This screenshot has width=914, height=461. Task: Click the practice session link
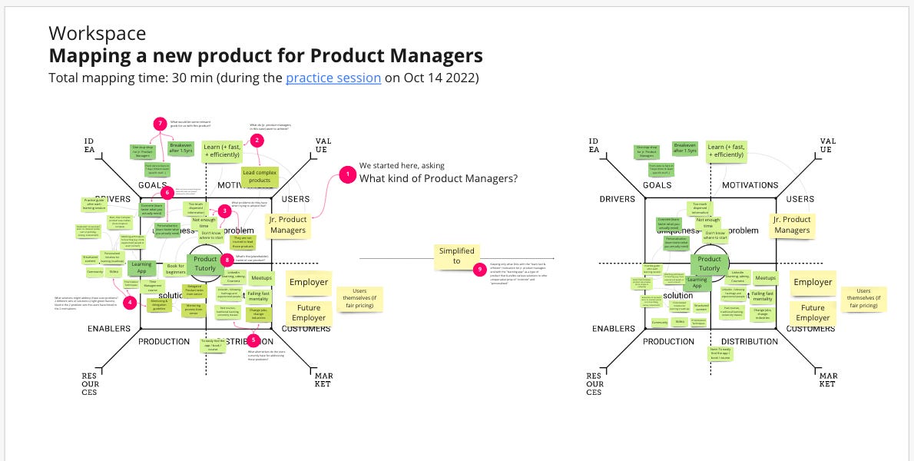333,78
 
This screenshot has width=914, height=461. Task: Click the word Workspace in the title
97,33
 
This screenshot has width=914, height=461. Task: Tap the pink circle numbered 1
347,175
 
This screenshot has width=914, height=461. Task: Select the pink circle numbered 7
160,123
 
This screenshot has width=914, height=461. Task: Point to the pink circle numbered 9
480,269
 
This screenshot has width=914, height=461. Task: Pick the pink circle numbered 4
130,302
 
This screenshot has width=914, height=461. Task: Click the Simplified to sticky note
457,257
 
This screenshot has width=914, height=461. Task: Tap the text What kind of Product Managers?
439,178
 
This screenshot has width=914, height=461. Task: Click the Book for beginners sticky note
176,270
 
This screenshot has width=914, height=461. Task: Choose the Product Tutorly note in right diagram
709,264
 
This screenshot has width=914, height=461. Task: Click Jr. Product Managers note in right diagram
792,224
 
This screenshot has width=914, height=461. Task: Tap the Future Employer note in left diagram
308,313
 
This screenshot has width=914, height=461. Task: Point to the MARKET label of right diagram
826,379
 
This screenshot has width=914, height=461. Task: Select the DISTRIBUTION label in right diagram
750,341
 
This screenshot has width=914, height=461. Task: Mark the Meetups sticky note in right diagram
765,278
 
